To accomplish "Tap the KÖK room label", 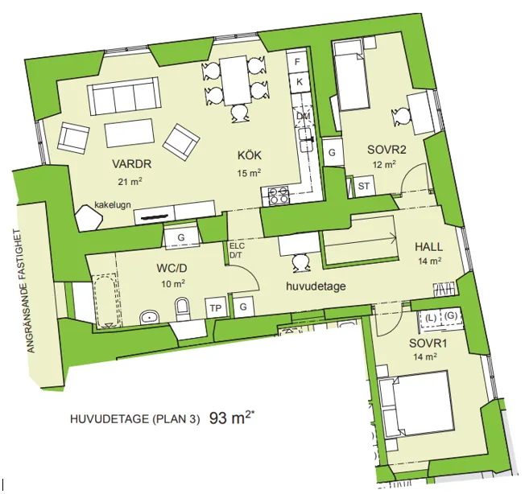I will point(250,155).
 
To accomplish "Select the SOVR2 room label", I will point(382,149).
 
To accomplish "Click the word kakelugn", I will point(113,204).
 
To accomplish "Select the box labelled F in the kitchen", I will point(299,61).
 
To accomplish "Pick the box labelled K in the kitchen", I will point(299,81).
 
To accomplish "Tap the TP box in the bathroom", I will point(215,307).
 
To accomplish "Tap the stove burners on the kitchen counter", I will point(278,194).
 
